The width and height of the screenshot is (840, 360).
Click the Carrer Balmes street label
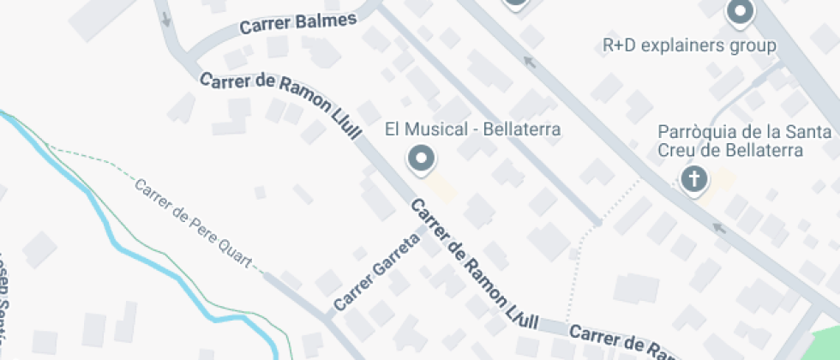tap(297, 23)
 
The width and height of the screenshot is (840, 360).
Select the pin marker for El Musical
tap(421, 159)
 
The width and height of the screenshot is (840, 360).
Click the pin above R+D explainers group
tap(739, 13)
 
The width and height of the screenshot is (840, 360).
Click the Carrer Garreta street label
tap(376, 273)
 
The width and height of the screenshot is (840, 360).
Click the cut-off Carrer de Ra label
tap(618, 340)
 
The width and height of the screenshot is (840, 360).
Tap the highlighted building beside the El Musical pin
tap(441, 184)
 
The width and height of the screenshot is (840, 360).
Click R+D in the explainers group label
tap(619, 45)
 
